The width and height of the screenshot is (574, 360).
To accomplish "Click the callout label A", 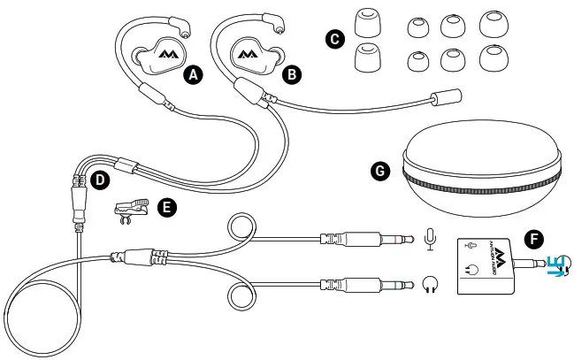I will (x=194, y=75).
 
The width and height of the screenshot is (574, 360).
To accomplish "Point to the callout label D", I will (x=101, y=180).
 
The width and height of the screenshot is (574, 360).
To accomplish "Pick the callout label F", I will (x=532, y=238).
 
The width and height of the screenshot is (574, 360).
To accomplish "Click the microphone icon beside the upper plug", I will (x=430, y=238).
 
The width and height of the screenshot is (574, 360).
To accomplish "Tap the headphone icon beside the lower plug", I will (x=430, y=284).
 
